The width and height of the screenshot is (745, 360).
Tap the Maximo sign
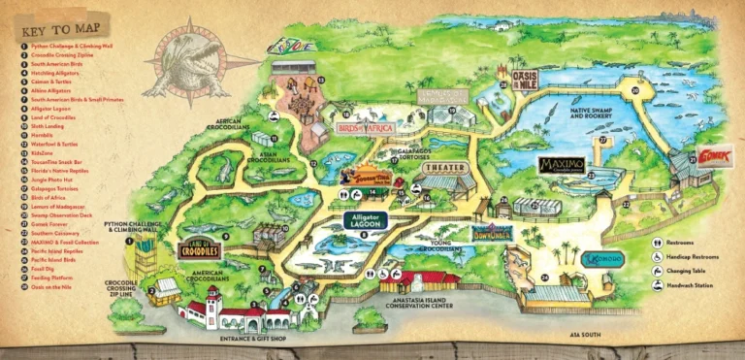(x=562, y=164)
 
